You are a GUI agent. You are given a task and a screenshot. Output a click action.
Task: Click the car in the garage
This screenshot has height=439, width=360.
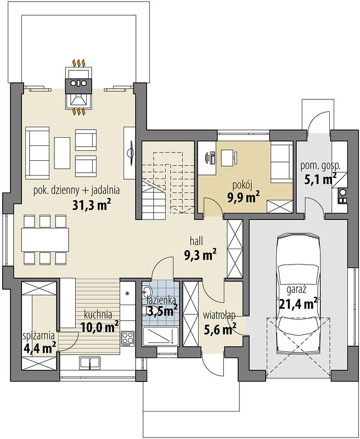pyautogui.click(x=298, y=292)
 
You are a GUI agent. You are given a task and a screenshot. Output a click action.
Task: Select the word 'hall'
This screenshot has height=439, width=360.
pyautogui.click(x=196, y=241)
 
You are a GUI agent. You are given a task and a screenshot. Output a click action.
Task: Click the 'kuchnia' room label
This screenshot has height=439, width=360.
pyautogui.click(x=98, y=314)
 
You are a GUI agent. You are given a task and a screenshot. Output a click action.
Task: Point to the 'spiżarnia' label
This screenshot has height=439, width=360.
pyautogui.click(x=38, y=336)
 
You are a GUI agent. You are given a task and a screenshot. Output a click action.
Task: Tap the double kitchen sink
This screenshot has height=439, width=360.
pyautogui.click(x=89, y=363)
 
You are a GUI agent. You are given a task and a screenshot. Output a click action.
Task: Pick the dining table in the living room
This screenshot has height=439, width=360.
pyautogui.click(x=45, y=240)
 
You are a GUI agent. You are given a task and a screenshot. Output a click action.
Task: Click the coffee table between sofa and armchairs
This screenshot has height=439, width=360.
pyautogui.click(x=62, y=153)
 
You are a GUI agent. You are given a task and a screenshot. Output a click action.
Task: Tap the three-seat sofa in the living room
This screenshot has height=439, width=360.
pyautogui.click(x=37, y=153)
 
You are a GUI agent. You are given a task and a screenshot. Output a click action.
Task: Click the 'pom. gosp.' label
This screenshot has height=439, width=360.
pyautogui.click(x=320, y=166)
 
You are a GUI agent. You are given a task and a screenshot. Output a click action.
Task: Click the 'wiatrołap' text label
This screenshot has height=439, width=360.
pyautogui.click(x=219, y=316)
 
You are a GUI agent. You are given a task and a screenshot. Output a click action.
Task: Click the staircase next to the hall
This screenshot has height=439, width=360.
pyautogui.click(x=168, y=181)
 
